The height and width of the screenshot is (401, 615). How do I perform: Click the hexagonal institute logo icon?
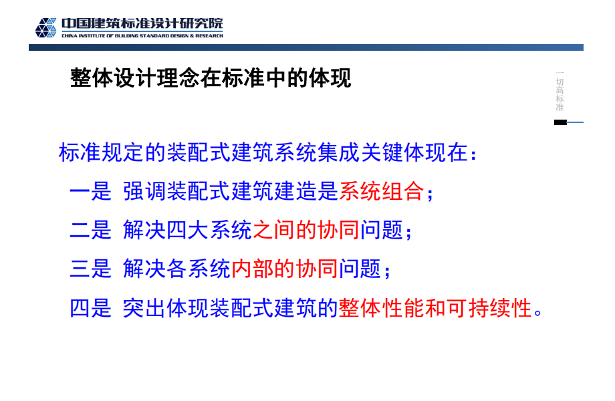46,27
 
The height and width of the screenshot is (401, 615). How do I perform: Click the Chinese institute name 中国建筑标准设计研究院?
142,23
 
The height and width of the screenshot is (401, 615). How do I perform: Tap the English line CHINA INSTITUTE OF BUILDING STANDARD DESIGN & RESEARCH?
142,35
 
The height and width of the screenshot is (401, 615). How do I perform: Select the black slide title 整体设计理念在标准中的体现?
211,78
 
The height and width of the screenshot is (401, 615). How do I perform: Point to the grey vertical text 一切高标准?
560,91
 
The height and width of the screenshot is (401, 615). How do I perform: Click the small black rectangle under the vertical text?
560,122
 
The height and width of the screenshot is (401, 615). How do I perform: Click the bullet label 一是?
91,191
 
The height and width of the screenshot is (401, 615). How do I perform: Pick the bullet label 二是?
91,230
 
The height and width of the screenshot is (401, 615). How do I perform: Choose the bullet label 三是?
91,269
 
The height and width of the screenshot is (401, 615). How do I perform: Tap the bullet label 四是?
91,308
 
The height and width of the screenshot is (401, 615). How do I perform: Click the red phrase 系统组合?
382,191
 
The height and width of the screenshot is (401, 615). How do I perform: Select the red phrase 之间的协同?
306,230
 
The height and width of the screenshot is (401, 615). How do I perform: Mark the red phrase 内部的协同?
285,269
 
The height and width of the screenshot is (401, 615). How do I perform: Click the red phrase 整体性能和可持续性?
435,308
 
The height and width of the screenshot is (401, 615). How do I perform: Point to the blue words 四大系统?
209,230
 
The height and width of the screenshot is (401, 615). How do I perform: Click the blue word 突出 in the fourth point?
144,308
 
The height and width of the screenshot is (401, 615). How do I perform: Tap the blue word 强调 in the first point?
144,191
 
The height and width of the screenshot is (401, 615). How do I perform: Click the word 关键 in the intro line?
382,152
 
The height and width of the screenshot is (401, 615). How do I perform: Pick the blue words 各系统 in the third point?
199,269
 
